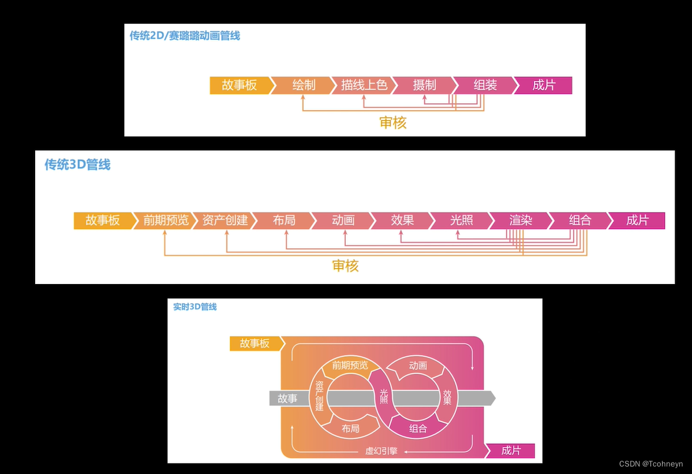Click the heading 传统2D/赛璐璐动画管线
185,36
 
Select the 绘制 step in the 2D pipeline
304,85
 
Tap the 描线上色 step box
364,85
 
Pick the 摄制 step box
424,85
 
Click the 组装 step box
485,85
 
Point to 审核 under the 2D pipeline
393,122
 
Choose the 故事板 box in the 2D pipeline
239,85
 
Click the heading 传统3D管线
77,165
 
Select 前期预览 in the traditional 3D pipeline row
166,221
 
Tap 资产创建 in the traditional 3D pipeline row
225,221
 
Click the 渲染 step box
521,221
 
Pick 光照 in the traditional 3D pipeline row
462,221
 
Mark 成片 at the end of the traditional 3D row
637,221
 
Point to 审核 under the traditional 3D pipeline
345,266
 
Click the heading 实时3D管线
195,307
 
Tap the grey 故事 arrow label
287,398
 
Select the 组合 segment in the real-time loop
418,428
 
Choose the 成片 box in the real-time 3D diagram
511,451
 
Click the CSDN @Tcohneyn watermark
651,464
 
